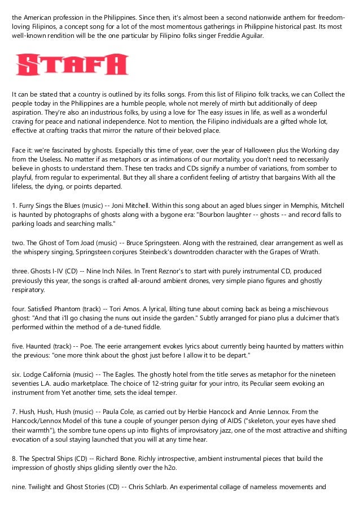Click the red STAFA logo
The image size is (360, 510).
pos(72,64)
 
